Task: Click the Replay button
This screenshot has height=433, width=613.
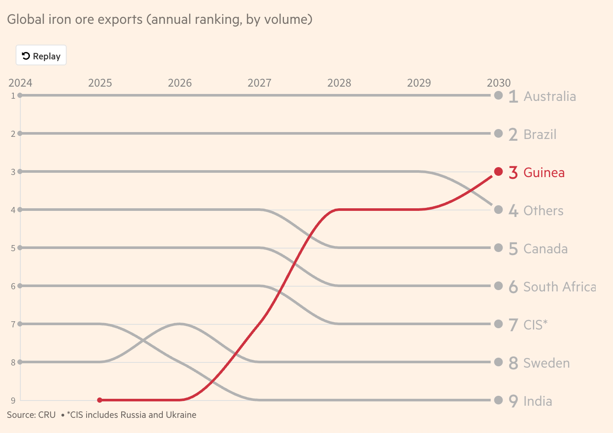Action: pyautogui.click(x=41, y=55)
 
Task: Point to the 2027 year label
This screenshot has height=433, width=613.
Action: pyautogui.click(x=259, y=83)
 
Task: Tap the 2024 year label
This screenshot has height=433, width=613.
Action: pyautogui.click(x=20, y=83)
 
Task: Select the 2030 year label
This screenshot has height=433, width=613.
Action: pyautogui.click(x=499, y=83)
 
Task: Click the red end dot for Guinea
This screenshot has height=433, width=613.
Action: pyautogui.click(x=498, y=171)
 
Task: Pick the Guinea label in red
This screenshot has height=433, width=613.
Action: pyautogui.click(x=544, y=172)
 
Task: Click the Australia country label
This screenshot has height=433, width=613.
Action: pyautogui.click(x=549, y=96)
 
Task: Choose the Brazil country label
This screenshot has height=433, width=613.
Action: pyautogui.click(x=539, y=134)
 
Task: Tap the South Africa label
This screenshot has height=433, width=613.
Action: pyautogui.click(x=559, y=287)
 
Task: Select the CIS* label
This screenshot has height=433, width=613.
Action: pyautogui.click(x=535, y=325)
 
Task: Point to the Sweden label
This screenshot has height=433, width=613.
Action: pyautogui.click(x=546, y=363)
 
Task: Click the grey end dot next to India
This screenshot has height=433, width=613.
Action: pyautogui.click(x=498, y=400)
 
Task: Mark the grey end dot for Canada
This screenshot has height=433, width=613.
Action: pyautogui.click(x=498, y=248)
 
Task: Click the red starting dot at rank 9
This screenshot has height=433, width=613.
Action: pyautogui.click(x=100, y=400)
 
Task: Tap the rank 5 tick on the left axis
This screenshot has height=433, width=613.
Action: pyautogui.click(x=13, y=248)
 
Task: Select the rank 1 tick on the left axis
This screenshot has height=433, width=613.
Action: pyautogui.click(x=13, y=96)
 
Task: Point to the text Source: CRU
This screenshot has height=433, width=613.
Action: pyautogui.click(x=31, y=415)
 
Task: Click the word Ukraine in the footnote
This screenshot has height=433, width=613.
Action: pyautogui.click(x=181, y=415)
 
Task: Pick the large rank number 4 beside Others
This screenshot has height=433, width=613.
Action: pyautogui.click(x=513, y=211)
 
